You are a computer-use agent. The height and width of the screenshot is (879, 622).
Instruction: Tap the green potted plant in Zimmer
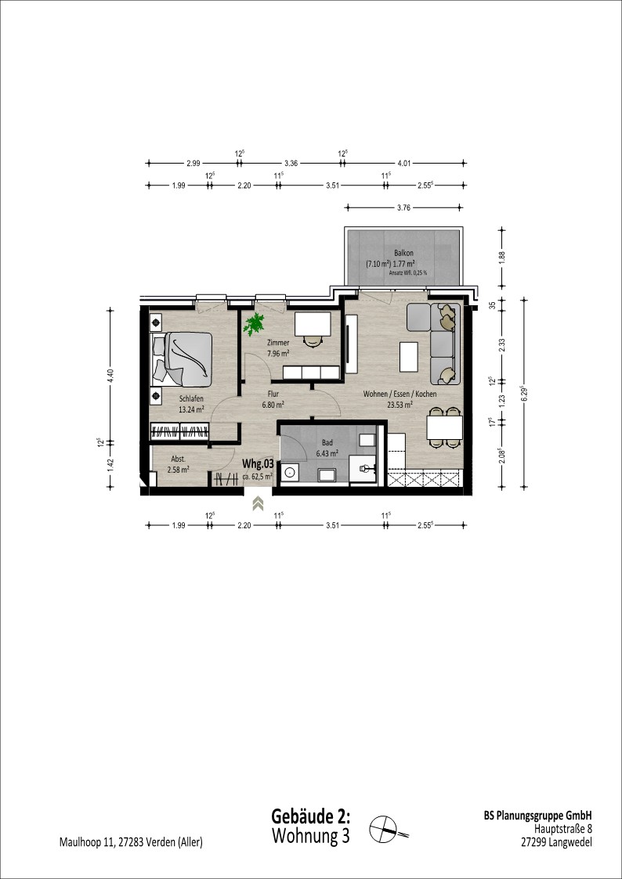(254, 325)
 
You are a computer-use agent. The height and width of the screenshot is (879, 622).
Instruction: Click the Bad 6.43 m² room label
(327, 448)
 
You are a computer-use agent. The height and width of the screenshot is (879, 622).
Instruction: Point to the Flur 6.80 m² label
(273, 398)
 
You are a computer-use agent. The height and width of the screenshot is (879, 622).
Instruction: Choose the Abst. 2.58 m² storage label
(178, 463)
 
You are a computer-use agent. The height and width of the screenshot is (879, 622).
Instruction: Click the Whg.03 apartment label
(258, 463)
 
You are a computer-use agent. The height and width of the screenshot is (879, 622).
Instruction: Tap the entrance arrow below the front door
(258, 503)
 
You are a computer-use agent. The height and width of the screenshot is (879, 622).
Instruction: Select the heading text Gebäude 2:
(311, 816)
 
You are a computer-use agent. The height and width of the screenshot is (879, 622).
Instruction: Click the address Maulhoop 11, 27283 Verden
(132, 842)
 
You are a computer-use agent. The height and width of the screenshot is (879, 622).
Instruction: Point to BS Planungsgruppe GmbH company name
(538, 816)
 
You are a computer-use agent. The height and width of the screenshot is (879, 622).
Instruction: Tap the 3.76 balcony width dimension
(403, 207)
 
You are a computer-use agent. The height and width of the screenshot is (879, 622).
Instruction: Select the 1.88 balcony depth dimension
(503, 258)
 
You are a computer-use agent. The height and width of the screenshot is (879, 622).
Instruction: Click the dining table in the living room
(445, 427)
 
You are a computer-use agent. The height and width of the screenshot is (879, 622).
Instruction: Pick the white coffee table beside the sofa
(409, 357)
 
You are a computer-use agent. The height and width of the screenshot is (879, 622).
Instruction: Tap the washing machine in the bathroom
(290, 472)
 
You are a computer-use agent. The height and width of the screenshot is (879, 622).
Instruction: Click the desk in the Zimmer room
(313, 324)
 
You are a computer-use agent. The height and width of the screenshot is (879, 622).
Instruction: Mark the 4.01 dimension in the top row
(403, 164)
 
